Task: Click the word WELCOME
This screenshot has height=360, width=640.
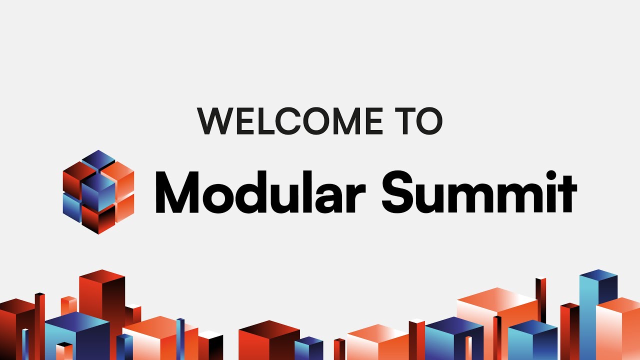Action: pos(289,121)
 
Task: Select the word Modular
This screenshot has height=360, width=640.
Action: pos(260,192)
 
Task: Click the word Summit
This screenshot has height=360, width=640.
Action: pos(479,192)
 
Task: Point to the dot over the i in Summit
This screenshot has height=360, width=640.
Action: pos(551,175)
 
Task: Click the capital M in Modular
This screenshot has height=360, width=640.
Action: pos(177,192)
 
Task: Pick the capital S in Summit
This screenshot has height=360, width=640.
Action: pos(397,191)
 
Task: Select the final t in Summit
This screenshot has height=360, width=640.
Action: pos(568,194)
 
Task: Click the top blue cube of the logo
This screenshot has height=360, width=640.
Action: pos(98,160)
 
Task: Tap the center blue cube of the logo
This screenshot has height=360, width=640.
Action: pos(98,192)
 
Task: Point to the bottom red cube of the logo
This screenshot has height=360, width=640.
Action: pos(98,219)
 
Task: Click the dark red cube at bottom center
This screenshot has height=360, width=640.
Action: pos(269,340)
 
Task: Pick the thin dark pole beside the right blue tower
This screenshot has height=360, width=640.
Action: pos(540,300)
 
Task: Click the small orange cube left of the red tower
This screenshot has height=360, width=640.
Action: pos(69,305)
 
